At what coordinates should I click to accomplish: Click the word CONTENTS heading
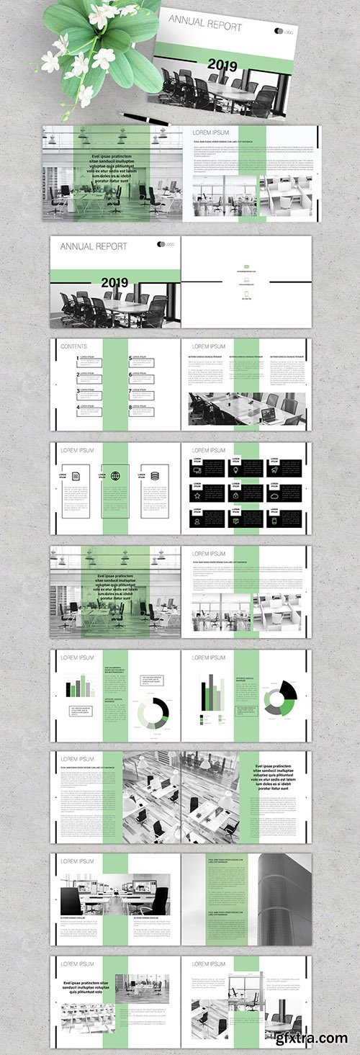tap(74, 346)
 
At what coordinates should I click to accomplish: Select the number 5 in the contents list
tap(130, 358)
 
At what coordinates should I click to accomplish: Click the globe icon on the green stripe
tap(115, 476)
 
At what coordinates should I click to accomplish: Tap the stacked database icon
tap(155, 476)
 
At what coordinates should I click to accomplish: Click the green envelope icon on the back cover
tap(246, 266)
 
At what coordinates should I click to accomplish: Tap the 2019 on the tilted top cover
tap(222, 65)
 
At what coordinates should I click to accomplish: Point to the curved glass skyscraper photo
tap(284, 899)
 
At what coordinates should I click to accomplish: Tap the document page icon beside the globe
tap(74, 476)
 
